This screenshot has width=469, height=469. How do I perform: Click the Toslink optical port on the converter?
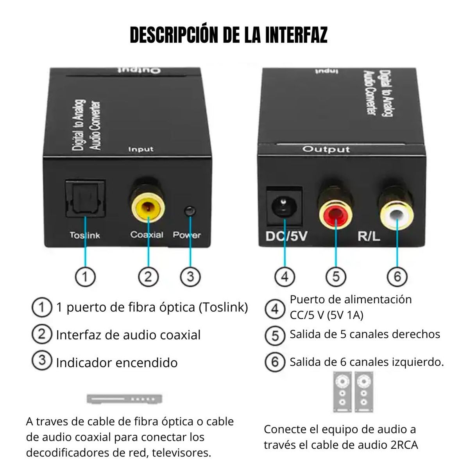pos(86,199)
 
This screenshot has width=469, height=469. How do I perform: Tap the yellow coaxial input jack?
pos(149,206)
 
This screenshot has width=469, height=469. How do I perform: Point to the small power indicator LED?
pos(190,211)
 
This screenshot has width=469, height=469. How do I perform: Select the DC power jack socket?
pos(284,206)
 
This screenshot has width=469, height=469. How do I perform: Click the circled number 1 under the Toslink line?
pos(85,277)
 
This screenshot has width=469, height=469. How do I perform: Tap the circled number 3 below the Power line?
pos(190,277)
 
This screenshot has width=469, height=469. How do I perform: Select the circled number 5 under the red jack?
pos(336,277)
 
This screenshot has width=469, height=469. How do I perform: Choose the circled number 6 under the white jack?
pos(397,277)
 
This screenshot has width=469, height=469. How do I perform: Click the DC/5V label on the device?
pos(286,236)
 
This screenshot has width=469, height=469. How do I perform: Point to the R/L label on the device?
pos(369,236)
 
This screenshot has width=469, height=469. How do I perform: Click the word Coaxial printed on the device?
pos(147,235)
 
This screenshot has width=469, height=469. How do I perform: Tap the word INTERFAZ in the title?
pos(296,35)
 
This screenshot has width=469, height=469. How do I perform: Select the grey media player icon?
pos(124,399)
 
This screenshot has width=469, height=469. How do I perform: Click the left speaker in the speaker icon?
pos(342,392)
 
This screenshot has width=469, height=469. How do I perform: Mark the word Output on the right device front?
pos(326,149)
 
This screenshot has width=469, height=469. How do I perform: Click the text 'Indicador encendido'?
pos(116,363)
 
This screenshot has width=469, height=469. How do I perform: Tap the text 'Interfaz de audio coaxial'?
pos(128,335)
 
